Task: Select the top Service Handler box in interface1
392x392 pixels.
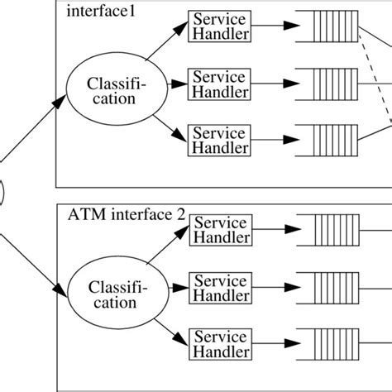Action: point(219,26)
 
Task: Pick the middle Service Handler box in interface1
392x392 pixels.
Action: point(219,84)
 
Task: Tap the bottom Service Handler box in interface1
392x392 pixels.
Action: point(219,140)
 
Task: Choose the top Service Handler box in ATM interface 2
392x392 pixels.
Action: point(219,229)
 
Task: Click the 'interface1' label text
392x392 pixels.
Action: point(93,11)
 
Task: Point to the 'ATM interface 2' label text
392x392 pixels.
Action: point(117,216)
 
